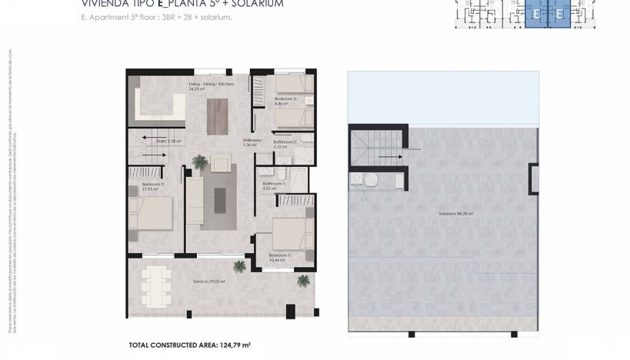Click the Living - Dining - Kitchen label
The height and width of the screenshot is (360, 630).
205,85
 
